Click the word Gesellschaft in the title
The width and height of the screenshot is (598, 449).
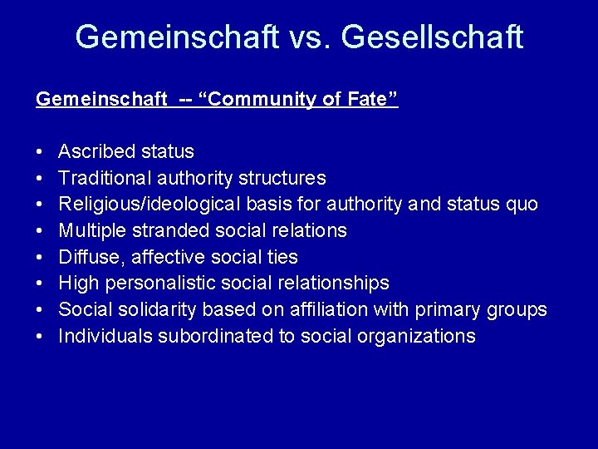pyautogui.click(x=432, y=37)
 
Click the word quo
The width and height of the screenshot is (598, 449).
pyautogui.click(x=520, y=204)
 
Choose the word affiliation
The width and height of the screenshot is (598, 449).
pyautogui.click(x=323, y=310)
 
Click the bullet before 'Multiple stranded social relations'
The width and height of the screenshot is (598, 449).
pyautogui.click(x=39, y=230)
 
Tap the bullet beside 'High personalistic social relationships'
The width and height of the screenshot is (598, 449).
pyautogui.click(x=39, y=284)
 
